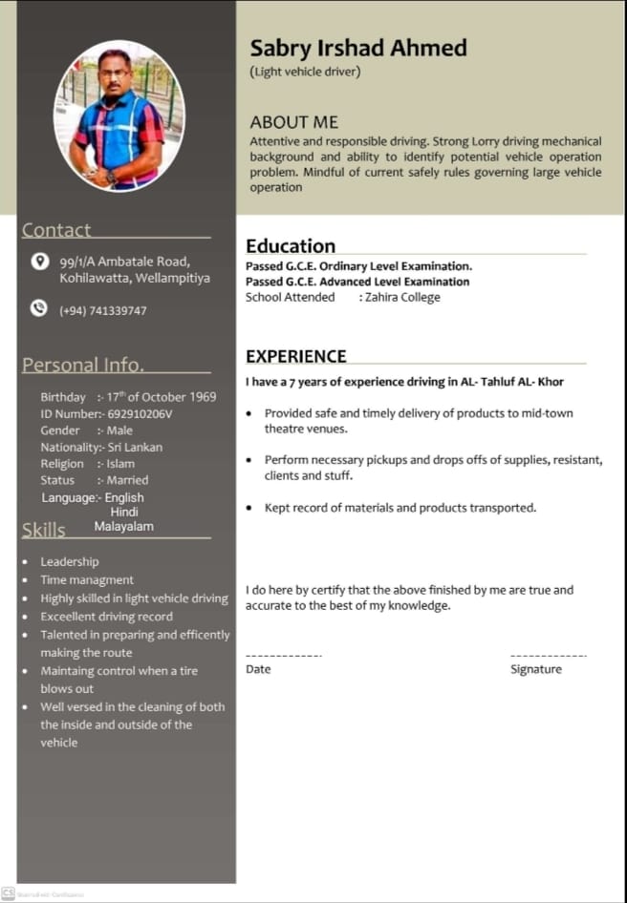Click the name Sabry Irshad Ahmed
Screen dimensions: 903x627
358,48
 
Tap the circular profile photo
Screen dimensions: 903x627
119,115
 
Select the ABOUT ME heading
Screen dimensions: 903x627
293,122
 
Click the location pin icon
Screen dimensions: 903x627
39,261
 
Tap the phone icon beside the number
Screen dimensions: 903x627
39,308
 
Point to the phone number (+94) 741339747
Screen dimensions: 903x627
103,311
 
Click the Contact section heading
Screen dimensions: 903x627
56,230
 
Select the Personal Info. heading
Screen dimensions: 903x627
83,365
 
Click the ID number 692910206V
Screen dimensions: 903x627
134,413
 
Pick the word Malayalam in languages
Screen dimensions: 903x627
123,526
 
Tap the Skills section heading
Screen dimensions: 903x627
43,530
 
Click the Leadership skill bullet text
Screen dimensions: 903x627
69,561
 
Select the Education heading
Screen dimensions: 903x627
291,245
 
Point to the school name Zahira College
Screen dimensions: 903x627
402,298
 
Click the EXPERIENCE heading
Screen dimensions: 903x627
296,356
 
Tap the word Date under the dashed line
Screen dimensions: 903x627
258,669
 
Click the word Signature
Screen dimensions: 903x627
536,669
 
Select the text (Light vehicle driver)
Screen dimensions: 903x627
305,72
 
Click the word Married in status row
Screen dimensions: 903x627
127,480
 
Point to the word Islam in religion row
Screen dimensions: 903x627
120,464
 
